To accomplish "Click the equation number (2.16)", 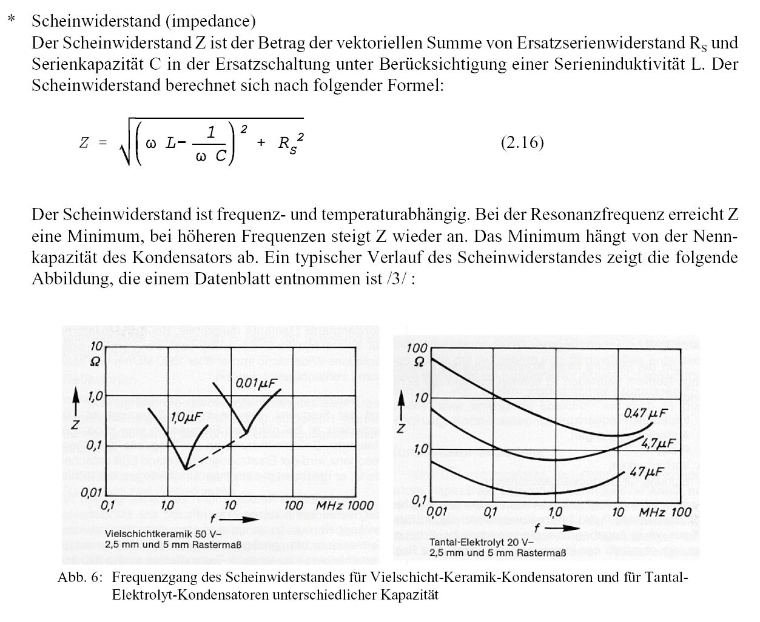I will point(522,142).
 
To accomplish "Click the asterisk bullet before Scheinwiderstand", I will point(11,21).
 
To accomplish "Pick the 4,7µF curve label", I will point(658,444).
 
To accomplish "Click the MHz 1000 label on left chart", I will point(345,506).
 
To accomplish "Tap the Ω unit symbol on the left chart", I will point(95,362).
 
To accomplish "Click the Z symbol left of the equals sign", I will point(84,143).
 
